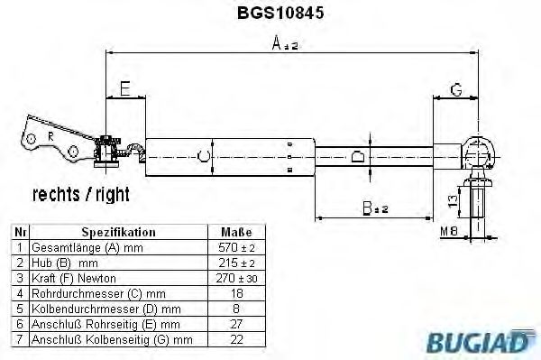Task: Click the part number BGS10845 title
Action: point(280,13)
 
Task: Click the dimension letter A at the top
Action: point(277,43)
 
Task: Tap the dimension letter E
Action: point(125,88)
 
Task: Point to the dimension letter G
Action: point(456,89)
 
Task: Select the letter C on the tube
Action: point(203,156)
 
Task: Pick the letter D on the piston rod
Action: point(357,156)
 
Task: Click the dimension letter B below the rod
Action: point(368,208)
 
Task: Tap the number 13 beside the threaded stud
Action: point(453,200)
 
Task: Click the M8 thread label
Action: point(449,231)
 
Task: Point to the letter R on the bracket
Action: point(50,137)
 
